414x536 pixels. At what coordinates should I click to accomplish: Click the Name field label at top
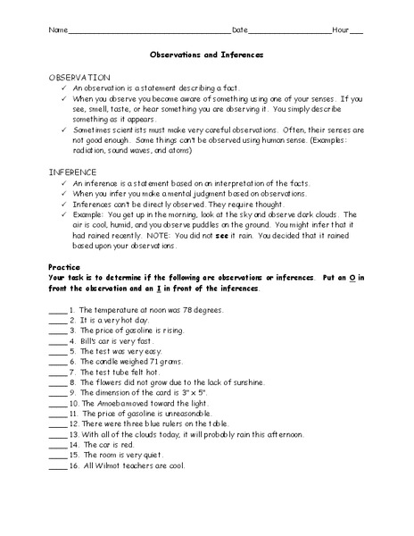pyautogui.click(x=56, y=29)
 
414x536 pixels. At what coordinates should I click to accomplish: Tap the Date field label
pyautogui.click(x=240, y=29)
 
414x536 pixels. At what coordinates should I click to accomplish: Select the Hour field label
pyautogui.click(x=340, y=29)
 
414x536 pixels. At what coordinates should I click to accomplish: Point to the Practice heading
pyautogui.click(x=65, y=267)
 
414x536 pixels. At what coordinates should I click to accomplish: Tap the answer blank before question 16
pyautogui.click(x=57, y=466)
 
